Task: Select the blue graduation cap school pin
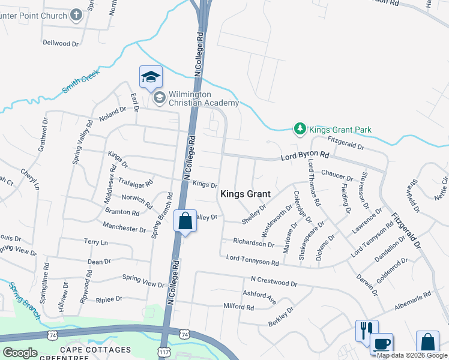tap(151, 77)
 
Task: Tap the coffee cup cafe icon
tap(382, 344)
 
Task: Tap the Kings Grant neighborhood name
tap(245, 194)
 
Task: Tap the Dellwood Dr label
tap(61, 43)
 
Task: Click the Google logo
tap(20, 353)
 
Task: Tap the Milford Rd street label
tap(239, 307)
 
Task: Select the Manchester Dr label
tap(124, 228)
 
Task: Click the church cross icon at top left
tap(76, 14)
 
